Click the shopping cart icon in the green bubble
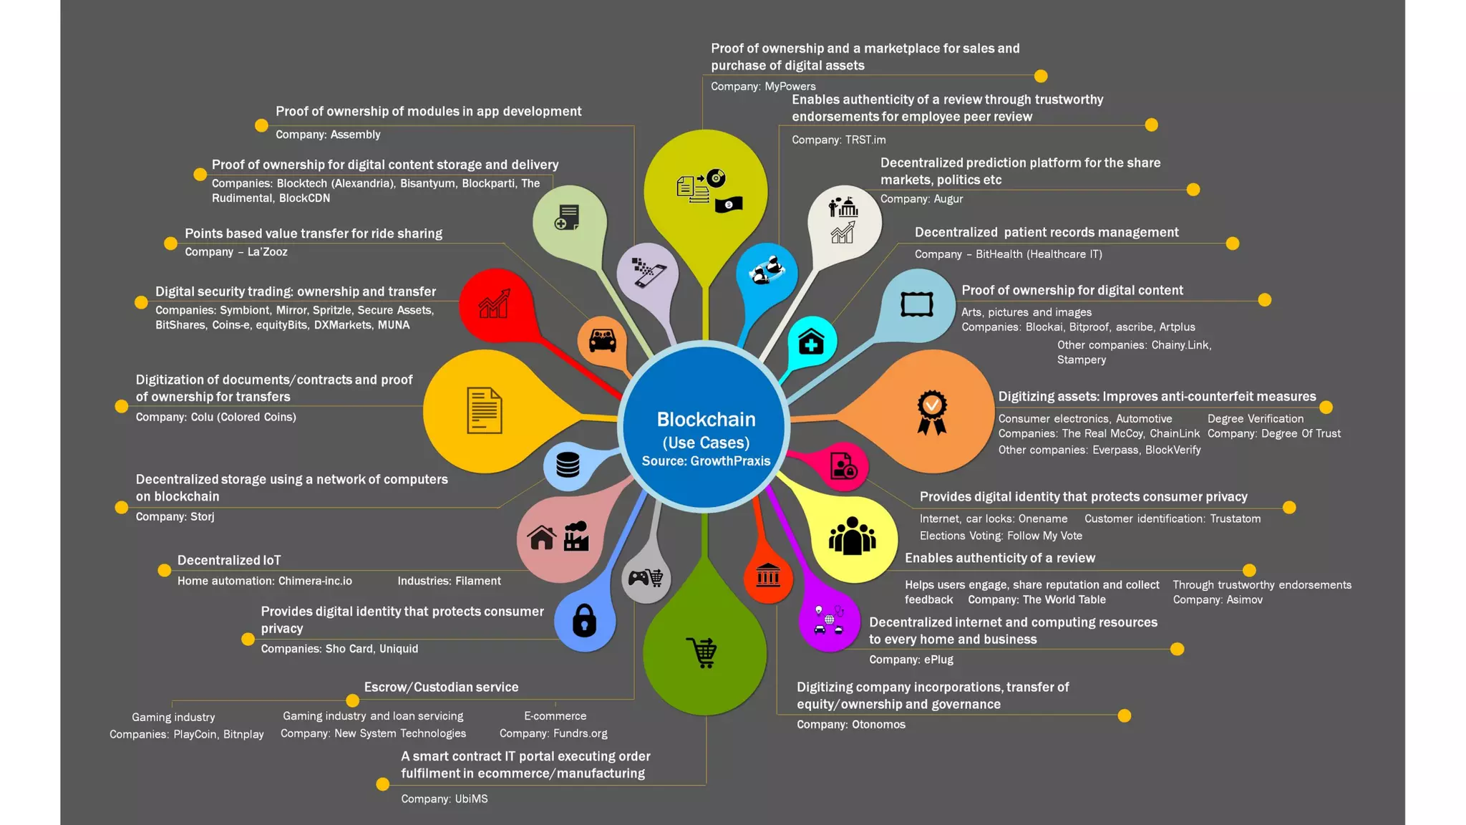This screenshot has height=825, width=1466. pos(703,652)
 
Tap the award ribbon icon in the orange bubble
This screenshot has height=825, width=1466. pos(932,412)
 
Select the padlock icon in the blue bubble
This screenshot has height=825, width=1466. pos(584,620)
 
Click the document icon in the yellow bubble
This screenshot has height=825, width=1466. pos(484,410)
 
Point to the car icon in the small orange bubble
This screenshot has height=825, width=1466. pos(602,340)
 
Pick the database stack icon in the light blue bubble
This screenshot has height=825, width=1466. pos(568,465)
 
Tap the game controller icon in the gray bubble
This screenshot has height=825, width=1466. pos(646,577)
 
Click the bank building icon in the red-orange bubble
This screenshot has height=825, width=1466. pos(768,575)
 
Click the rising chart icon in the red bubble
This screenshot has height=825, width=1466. pos(494,304)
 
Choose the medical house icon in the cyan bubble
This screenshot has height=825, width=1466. pos(811,342)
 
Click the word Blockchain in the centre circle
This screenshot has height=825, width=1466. pos(706,419)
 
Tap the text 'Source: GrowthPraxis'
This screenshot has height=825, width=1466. pos(706,461)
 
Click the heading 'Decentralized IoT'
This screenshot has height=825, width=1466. pos(229,560)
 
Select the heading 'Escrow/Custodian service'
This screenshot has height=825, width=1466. pos(441,687)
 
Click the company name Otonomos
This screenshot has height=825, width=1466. pos(878,724)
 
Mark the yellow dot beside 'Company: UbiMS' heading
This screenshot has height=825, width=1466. pos(383,784)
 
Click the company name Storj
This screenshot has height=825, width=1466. pos(202,516)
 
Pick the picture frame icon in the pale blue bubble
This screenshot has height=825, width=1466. pos(916,304)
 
